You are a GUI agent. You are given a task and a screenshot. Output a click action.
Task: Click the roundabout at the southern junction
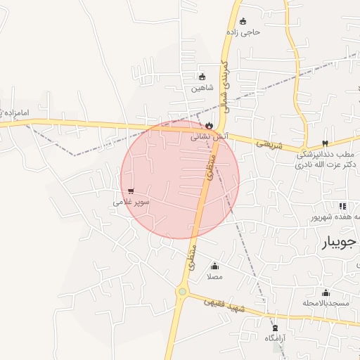click(183, 291)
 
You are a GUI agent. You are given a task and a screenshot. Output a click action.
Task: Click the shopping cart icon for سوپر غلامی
click(131, 191)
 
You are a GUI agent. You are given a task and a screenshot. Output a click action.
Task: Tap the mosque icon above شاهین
click(202, 77)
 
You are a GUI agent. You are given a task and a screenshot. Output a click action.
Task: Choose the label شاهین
click(202, 89)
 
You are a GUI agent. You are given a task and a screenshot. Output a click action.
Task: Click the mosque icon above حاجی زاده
click(243, 21)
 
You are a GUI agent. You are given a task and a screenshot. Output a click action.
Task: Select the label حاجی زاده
click(243, 32)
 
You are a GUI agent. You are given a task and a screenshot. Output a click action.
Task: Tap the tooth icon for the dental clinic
click(324, 143)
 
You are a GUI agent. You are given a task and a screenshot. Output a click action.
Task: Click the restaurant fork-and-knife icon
click(342, 206)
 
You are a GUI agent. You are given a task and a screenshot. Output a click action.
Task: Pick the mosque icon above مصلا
click(215, 266)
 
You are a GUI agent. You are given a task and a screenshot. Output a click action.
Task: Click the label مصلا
click(215, 277)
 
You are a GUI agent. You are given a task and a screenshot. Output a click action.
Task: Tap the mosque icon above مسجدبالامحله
click(326, 292)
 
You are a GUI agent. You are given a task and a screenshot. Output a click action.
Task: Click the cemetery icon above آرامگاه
click(274, 328)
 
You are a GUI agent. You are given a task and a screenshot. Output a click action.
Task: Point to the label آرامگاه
click(274, 338)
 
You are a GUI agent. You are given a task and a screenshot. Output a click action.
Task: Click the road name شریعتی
click(269, 144)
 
